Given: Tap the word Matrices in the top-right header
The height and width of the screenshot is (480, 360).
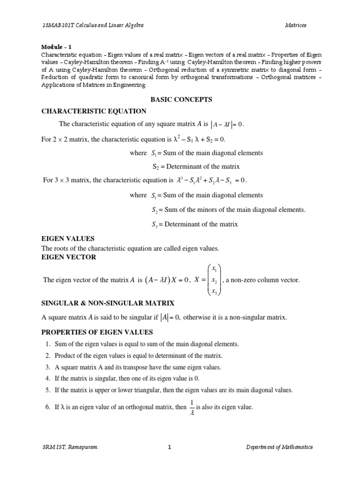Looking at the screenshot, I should [x=296, y=25].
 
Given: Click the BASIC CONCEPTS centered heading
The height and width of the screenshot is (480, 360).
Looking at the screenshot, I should [x=181, y=99].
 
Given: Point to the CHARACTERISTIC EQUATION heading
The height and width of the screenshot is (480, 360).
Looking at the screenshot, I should [x=94, y=111].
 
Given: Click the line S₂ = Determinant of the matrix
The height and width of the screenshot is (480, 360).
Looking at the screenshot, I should [x=196, y=166].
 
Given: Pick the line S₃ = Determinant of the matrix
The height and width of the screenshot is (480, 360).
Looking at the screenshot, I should [x=195, y=224].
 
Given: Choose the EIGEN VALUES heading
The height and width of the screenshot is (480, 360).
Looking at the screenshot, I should [x=68, y=239].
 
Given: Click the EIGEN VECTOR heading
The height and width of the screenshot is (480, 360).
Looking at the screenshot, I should [x=69, y=257].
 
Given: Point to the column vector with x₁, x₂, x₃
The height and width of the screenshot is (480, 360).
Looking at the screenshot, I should [x=214, y=280].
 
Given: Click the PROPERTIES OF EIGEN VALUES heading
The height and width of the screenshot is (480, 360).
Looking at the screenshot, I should [x=97, y=332].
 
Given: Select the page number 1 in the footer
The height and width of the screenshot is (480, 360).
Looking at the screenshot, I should [x=170, y=447].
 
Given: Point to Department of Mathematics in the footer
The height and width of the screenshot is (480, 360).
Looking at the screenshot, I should [x=279, y=447].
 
